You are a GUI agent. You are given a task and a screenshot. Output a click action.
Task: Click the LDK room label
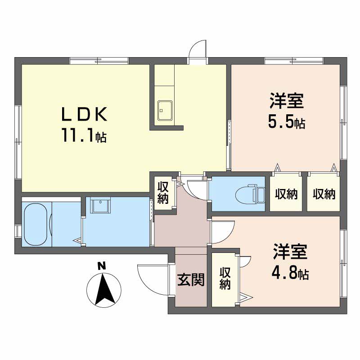(84, 114)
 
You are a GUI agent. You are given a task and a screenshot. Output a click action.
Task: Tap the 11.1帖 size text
(84, 135)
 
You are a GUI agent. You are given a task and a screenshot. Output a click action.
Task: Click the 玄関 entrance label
(191, 279)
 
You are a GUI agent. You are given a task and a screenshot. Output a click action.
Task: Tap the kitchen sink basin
(165, 110)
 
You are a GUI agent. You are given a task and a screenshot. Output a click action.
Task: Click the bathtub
(36, 224)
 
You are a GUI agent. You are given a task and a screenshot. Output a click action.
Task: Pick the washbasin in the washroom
(100, 205)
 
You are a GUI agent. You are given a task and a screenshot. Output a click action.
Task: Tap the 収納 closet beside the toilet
(286, 194)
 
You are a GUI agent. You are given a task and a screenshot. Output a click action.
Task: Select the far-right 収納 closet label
(324, 194)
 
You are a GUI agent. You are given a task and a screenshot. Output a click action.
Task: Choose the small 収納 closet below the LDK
(163, 193)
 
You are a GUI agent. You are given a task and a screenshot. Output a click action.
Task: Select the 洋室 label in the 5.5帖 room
(287, 100)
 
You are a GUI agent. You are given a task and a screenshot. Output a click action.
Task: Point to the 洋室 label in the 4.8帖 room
(290, 252)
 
